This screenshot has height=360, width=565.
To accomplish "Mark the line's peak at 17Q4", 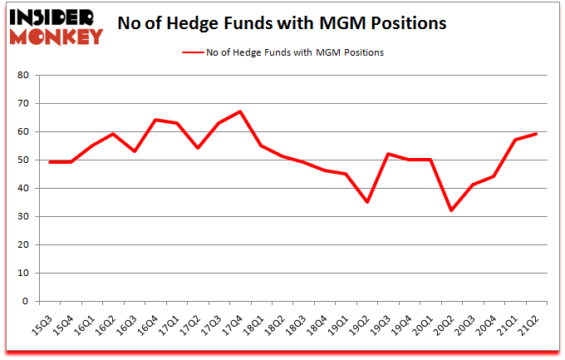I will pyautogui.click(x=239, y=111).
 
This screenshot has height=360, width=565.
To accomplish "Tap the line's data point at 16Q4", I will pyautogui.click(x=154, y=120).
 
